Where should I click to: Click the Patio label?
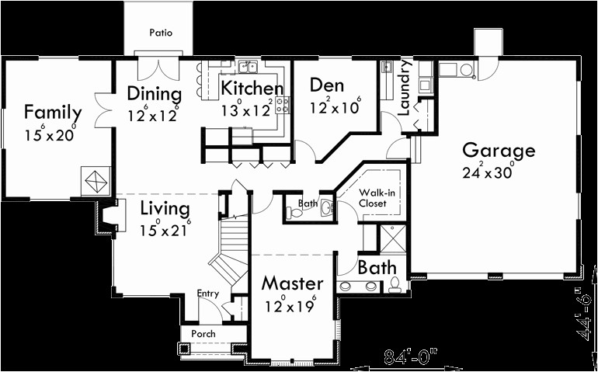coord(161,33)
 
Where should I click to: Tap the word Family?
coord(53,111)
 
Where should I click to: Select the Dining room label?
coord(155,95)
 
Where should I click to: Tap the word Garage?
coord(499,151)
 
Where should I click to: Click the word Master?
coord(291,283)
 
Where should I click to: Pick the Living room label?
coord(165,209)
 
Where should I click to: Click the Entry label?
coord(207,294)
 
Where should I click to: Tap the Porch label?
coord(203,334)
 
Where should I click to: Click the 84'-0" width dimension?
coord(411,357)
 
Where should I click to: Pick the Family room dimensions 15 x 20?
coord(51,134)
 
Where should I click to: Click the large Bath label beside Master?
coord(377,268)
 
